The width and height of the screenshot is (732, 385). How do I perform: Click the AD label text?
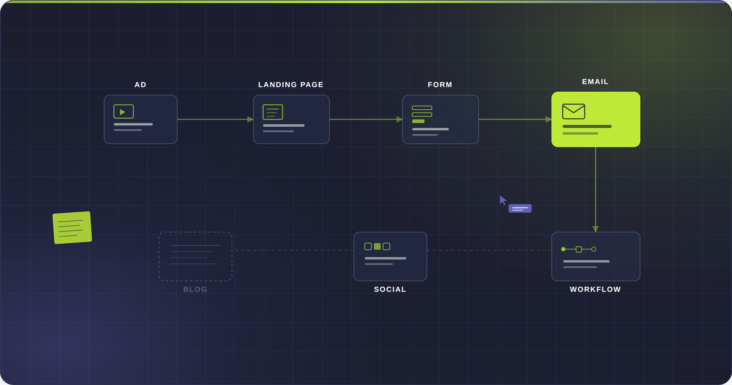[x=140, y=85]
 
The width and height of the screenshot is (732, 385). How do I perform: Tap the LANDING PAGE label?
[x=291, y=85]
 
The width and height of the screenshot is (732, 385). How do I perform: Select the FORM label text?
[x=440, y=85]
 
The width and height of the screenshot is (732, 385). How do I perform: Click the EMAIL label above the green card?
[x=595, y=82]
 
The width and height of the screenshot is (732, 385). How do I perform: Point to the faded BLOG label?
[x=195, y=289]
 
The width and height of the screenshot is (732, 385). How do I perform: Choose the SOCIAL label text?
[x=390, y=289]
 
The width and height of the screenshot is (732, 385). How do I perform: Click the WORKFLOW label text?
[x=595, y=289]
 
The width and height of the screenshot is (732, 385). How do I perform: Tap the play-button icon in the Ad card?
[x=124, y=111]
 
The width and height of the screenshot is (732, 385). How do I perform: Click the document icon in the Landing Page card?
[x=273, y=112]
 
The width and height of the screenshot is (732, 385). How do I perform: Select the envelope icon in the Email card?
[x=574, y=111]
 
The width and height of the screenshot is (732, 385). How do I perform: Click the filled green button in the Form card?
[x=418, y=121]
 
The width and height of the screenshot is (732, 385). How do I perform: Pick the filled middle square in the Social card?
[x=377, y=246]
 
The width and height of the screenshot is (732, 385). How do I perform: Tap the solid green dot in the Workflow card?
[x=563, y=249]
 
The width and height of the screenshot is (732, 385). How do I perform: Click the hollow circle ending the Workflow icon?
[x=594, y=249]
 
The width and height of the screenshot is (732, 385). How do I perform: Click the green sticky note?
[x=72, y=228]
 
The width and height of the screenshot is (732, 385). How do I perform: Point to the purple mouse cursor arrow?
[x=503, y=200]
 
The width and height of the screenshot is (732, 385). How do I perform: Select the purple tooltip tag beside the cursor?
[x=520, y=208]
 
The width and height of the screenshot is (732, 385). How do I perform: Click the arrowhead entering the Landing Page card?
[x=250, y=119]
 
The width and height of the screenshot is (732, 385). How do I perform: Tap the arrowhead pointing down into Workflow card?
[x=596, y=229]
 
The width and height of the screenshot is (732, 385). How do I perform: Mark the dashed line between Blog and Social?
[x=294, y=250]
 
